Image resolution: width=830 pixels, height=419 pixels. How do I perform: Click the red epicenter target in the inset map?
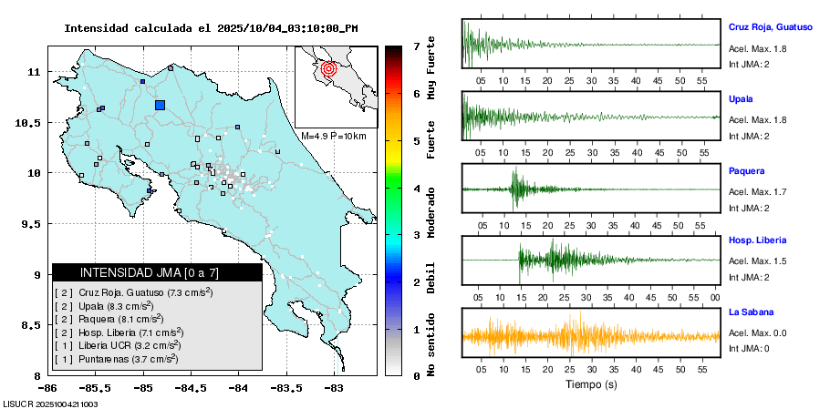pyautogui.click(x=330, y=67)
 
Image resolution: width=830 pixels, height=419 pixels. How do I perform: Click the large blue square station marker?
pyautogui.click(x=161, y=105)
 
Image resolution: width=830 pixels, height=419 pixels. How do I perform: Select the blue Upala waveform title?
pyautogui.click(x=741, y=98)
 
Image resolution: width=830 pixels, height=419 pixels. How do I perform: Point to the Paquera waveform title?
pyautogui.click(x=746, y=170)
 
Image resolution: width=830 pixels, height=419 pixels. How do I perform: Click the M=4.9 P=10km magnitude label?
pyautogui.click(x=333, y=136)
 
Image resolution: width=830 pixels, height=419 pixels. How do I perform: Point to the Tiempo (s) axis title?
pyautogui.click(x=590, y=384)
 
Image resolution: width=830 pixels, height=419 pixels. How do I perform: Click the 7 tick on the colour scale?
pyautogui.click(x=415, y=46)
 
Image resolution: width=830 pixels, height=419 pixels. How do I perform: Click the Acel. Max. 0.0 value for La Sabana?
pyautogui.click(x=757, y=332)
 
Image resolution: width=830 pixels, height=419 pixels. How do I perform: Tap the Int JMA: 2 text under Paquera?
pyautogui.click(x=749, y=208)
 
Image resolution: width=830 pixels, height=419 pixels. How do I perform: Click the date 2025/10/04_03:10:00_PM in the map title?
pyautogui.click(x=287, y=28)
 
